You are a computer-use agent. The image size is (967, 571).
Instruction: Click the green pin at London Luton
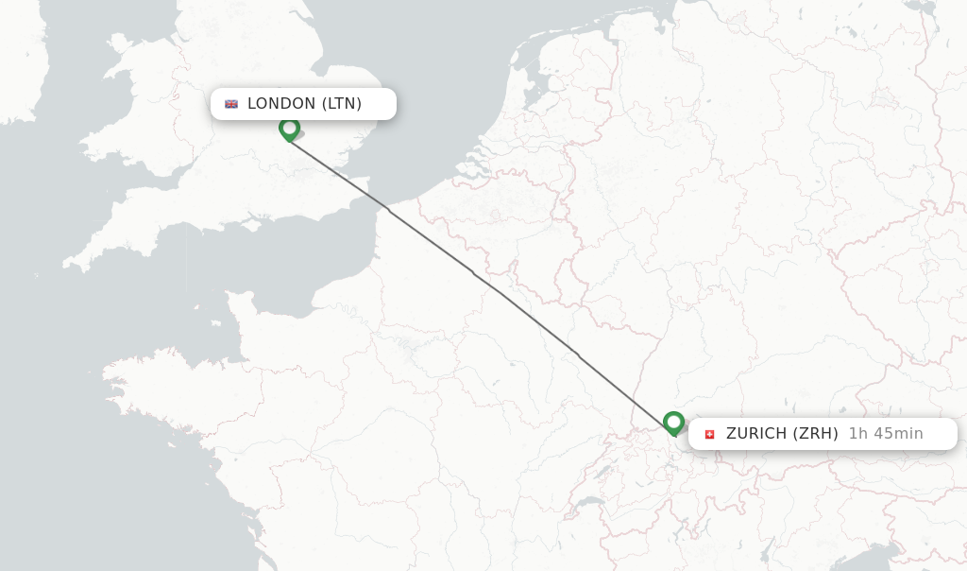289,128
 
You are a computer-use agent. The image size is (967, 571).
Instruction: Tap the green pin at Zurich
673,422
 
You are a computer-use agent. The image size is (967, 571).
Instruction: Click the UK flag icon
231,104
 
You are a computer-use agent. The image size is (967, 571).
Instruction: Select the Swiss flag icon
710,434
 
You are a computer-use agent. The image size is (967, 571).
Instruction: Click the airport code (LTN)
342,104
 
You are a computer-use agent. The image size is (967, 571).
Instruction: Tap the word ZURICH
756,434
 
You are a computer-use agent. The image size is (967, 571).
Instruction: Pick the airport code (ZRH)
815,434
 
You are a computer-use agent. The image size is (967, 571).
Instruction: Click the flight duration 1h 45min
886,434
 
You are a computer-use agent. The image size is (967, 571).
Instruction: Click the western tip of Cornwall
68,263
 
